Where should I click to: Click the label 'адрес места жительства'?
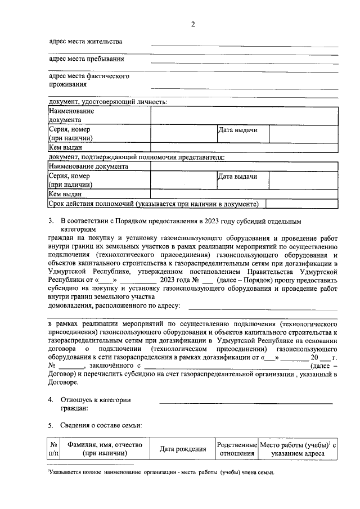coord(85,42)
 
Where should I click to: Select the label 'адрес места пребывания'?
coord(87,58)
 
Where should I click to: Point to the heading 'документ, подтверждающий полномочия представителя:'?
coord(137,157)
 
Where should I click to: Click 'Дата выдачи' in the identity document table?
coord(238,130)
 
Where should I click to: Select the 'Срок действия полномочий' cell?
coord(154,204)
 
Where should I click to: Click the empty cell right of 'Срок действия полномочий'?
coord(301,204)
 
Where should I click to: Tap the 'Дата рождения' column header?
coord(182,449)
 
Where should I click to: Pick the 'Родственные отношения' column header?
coord(236,449)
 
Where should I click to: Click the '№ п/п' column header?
coord(54,449)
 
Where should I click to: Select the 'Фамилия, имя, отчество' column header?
coord(105,449)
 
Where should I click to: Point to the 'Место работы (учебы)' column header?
coord(298,449)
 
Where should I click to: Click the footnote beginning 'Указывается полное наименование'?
coord(161,472)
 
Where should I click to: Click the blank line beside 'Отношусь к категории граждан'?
coord(246,402)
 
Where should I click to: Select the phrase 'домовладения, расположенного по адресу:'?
coord(114,305)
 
